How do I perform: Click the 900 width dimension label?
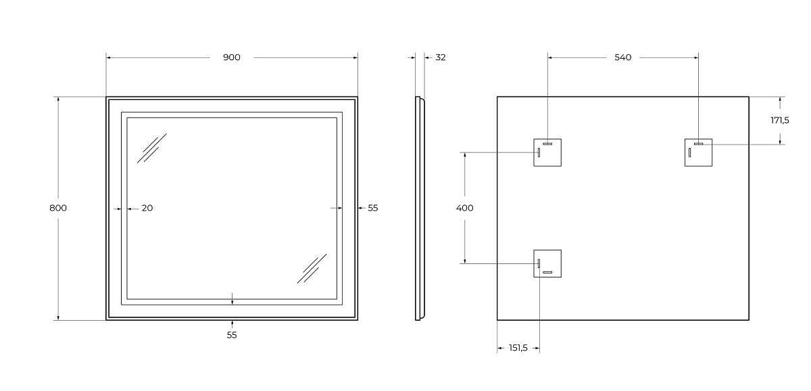coord(231,57)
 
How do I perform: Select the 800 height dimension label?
coord(58,208)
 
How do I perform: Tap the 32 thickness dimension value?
coord(440,57)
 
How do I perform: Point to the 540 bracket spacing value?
coord(622,57)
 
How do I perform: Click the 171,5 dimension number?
coord(779,120)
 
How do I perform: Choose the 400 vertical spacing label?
coord(464,208)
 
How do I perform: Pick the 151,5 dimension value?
coord(518,348)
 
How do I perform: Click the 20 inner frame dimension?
coord(147,208)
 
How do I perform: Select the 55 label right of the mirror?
coord(373,208)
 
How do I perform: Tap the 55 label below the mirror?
coord(232,336)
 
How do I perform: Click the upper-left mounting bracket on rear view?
coord(547,153)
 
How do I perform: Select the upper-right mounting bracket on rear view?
coord(698,153)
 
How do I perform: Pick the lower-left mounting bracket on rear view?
coord(547,263)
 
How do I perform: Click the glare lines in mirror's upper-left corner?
coord(151,149)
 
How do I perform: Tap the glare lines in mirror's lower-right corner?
coord(312,268)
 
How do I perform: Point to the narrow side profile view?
coord(420,209)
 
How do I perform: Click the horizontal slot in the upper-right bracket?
coord(698,144)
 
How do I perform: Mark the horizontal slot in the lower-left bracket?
coord(547,272)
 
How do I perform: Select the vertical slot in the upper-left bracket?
coord(539,153)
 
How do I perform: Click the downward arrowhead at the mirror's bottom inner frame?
coord(232,302)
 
